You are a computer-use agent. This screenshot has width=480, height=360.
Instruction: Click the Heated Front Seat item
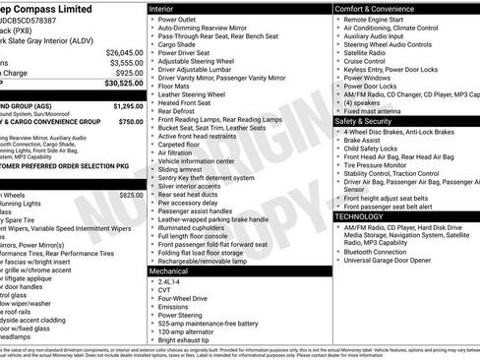(x=188, y=103)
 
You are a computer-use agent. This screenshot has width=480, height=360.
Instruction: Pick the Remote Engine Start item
(x=379, y=20)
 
